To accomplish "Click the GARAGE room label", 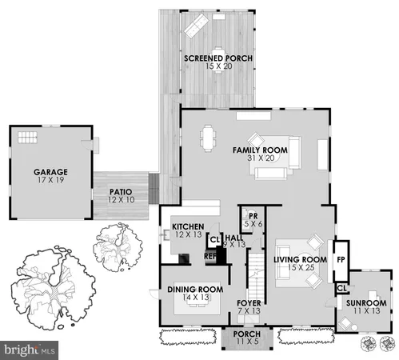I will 50,172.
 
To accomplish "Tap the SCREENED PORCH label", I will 219,58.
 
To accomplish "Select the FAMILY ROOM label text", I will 260,150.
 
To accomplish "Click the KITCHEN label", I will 188,226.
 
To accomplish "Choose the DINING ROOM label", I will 194,289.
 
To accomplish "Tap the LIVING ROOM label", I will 301,259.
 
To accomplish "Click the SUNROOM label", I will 367,303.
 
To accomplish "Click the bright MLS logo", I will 30,350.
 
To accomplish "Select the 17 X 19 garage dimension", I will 50,181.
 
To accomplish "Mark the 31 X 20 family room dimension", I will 260,158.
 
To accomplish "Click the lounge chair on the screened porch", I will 196,28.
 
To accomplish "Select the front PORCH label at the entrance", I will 246,334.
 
